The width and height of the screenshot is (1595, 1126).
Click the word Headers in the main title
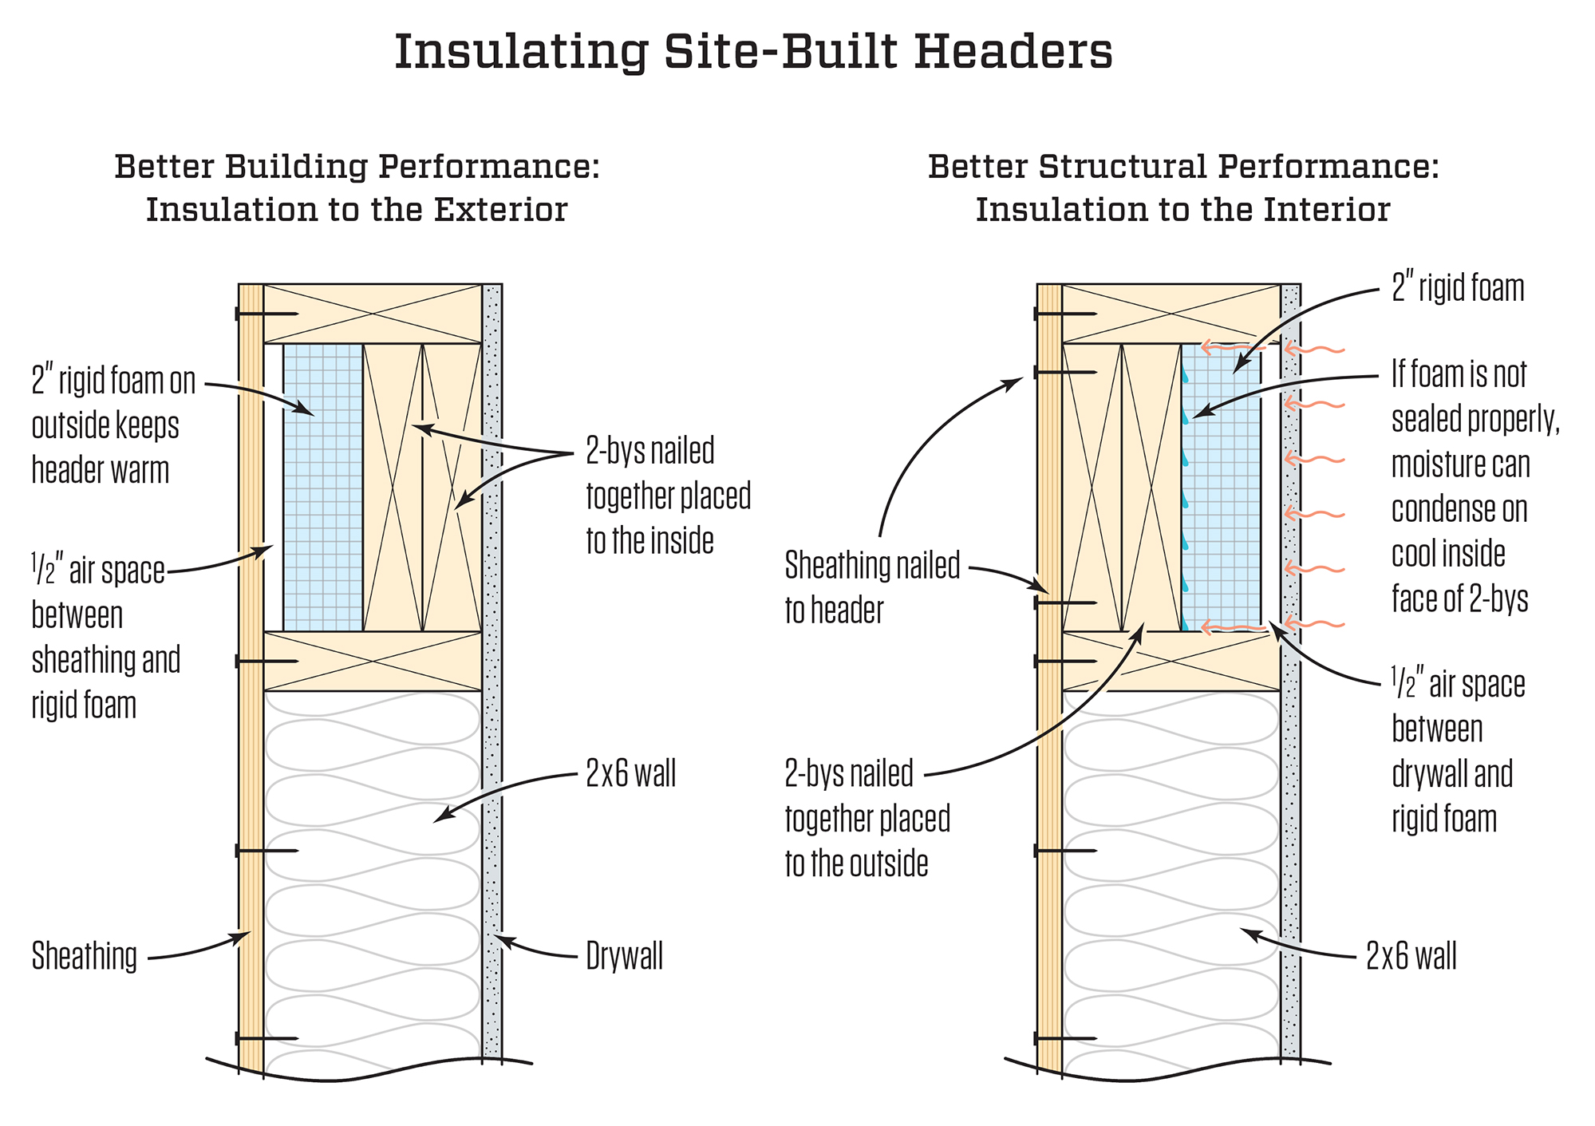pos(1013,53)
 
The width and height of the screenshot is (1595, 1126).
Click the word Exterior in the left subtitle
pos(500,210)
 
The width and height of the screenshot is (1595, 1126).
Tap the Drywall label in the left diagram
pos(624,956)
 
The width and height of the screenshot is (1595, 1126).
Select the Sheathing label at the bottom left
pos(85,956)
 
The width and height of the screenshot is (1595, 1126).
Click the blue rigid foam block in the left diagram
pos(323,487)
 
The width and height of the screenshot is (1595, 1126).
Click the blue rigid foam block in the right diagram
pos(1221,487)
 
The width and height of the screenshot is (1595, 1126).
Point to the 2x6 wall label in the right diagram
pos(1411,956)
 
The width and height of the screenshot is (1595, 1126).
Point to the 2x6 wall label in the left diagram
pos(630,773)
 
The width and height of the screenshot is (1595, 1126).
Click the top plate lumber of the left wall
pos(373,314)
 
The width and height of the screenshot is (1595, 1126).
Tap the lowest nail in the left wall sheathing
pos(266,1038)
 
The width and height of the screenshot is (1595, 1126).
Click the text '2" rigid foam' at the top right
pos(1458,288)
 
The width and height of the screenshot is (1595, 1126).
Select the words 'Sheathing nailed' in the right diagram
pos(872,566)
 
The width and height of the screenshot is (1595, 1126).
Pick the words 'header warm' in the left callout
pos(101,470)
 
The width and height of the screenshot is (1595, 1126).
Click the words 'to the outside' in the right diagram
pos(856,864)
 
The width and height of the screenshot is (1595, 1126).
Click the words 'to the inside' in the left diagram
pos(649,541)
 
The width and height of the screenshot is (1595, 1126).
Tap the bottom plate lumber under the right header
pos(1171,662)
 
